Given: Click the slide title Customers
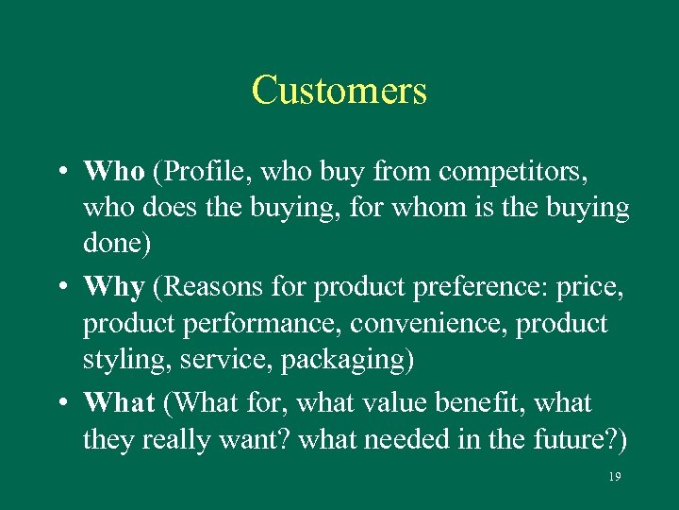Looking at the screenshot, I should point(339,91).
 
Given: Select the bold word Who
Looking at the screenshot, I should point(113,172).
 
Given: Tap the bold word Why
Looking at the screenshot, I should point(113,286).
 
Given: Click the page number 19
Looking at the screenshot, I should point(614,477).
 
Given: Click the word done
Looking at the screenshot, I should point(112,244).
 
